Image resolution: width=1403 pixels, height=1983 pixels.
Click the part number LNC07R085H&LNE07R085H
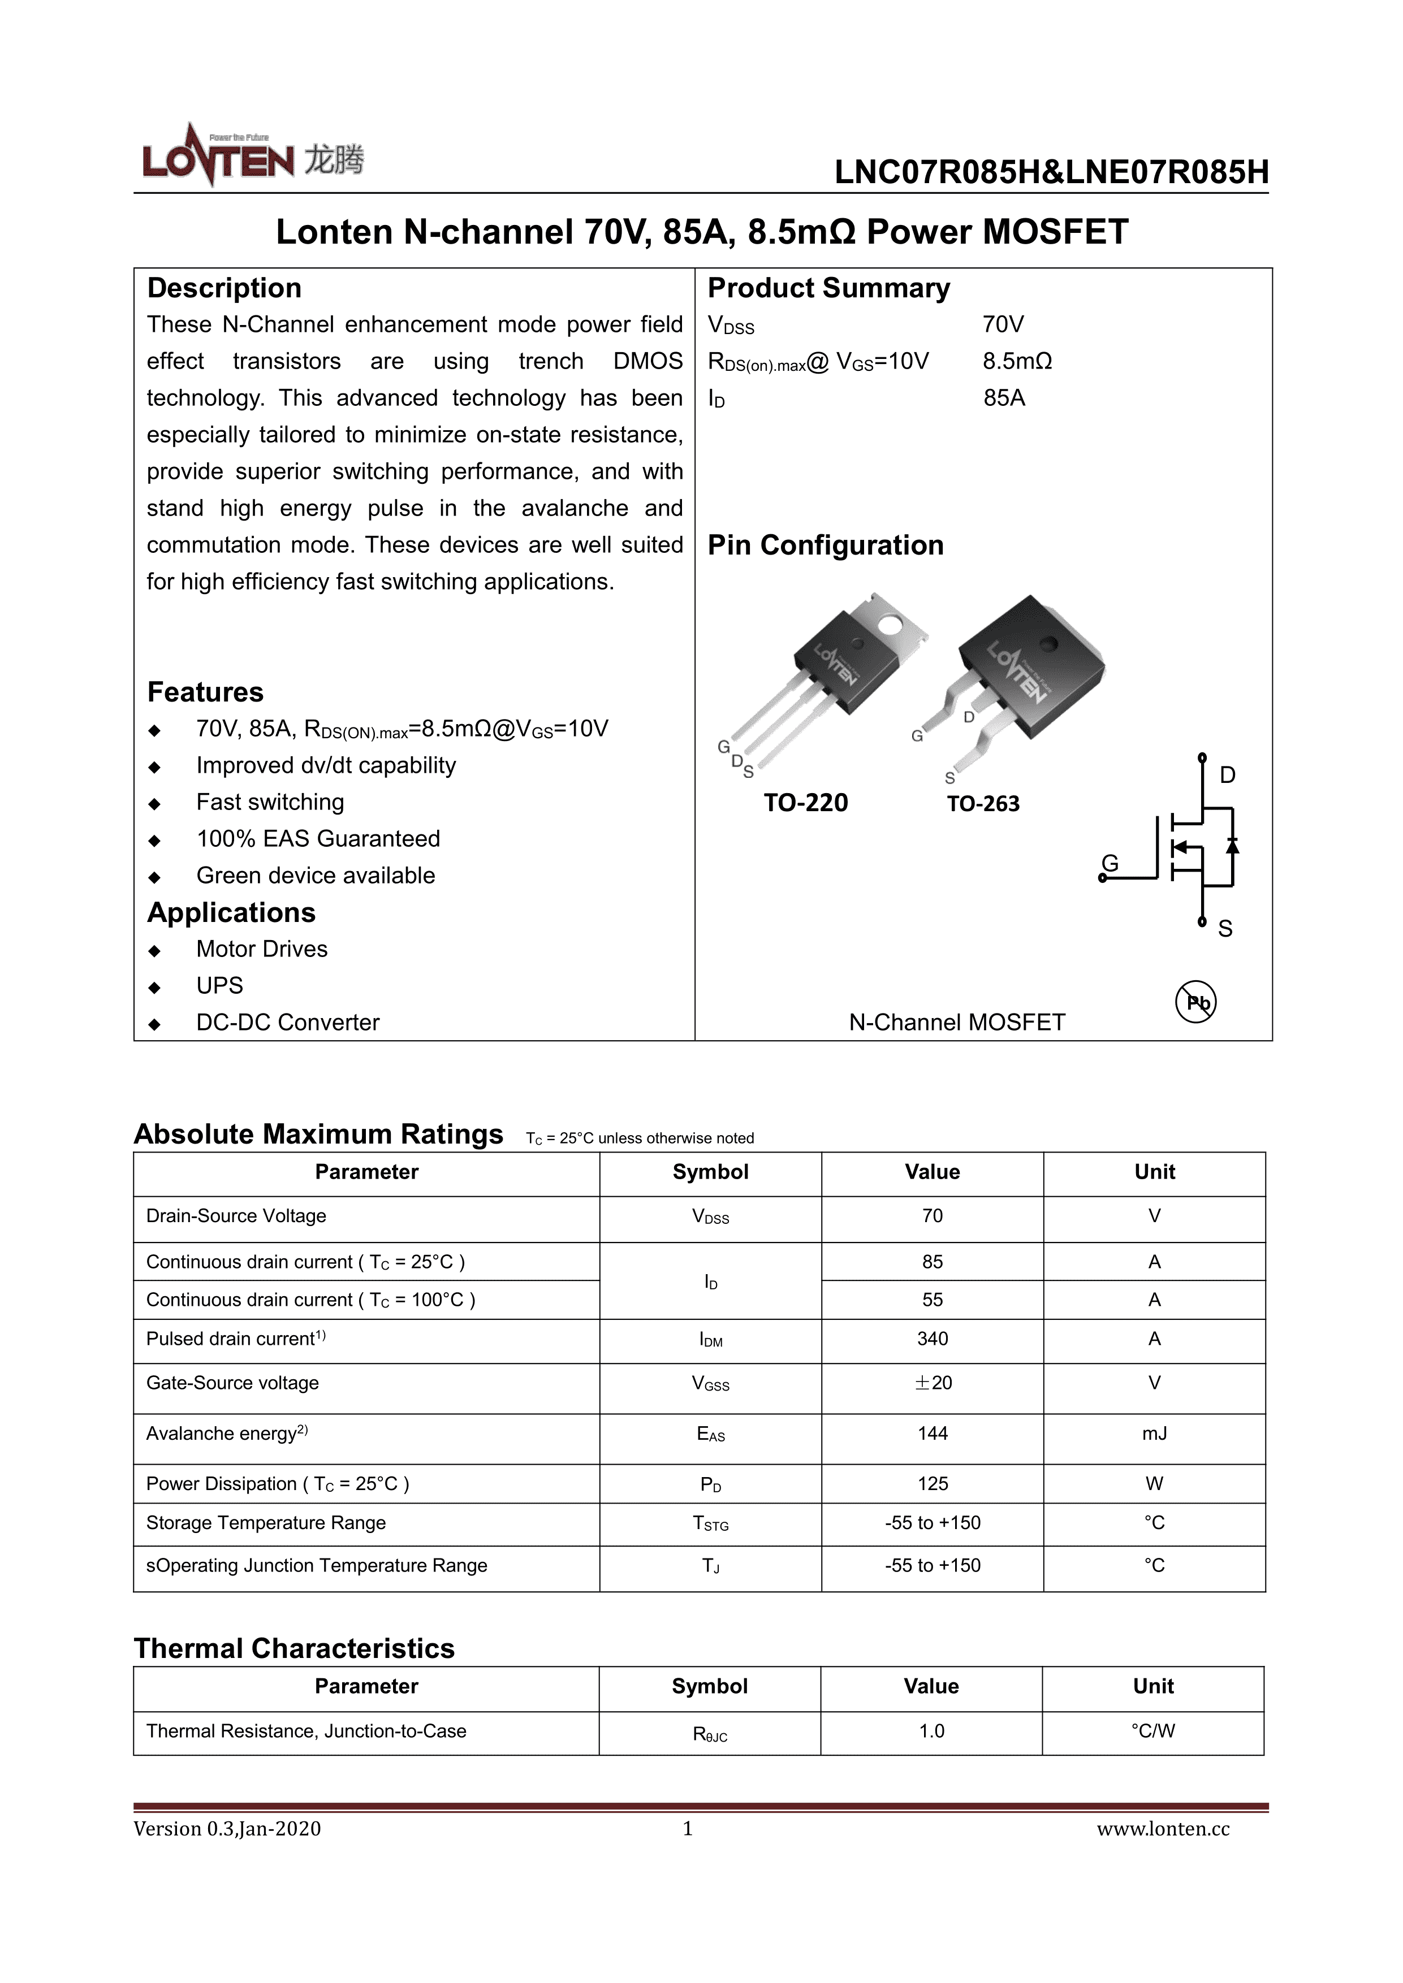pyautogui.click(x=1051, y=173)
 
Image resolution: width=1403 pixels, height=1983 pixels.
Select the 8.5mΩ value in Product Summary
pyautogui.click(x=1017, y=362)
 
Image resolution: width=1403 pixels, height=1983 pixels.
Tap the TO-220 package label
pyautogui.click(x=805, y=803)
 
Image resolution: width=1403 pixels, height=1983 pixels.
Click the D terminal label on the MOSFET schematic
pyautogui.click(x=1227, y=776)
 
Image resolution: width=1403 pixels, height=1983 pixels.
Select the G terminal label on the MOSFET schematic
pyautogui.click(x=1110, y=863)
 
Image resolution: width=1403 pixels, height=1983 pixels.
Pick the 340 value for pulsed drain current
pyautogui.click(x=932, y=1339)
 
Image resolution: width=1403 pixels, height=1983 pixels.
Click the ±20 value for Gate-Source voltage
pyautogui.click(x=932, y=1383)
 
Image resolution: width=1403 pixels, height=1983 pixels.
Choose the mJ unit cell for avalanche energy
pyautogui.click(x=1154, y=1434)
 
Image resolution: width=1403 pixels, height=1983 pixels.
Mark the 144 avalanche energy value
pyautogui.click(x=932, y=1434)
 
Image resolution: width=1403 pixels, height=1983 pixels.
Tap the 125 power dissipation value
pyautogui.click(x=932, y=1484)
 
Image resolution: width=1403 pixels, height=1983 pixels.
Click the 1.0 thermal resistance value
pyautogui.click(x=931, y=1731)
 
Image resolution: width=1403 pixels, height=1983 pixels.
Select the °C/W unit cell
pyautogui.click(x=1152, y=1731)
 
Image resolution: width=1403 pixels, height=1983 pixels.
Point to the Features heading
pyautogui.click(x=206, y=692)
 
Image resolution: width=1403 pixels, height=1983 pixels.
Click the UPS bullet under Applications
pyautogui.click(x=219, y=985)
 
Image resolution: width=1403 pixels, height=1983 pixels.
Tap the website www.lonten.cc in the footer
pyautogui.click(x=1163, y=1829)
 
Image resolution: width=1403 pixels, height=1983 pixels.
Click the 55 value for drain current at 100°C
pyautogui.click(x=932, y=1300)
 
